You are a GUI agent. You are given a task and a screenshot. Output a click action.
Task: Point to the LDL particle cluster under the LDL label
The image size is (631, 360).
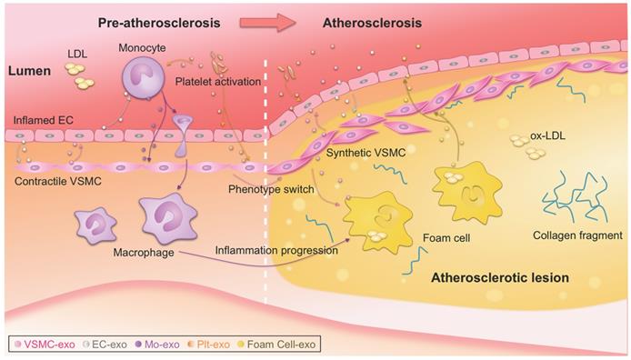(83, 83)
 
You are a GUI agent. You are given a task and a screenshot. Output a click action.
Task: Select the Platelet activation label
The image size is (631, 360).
(215, 83)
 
